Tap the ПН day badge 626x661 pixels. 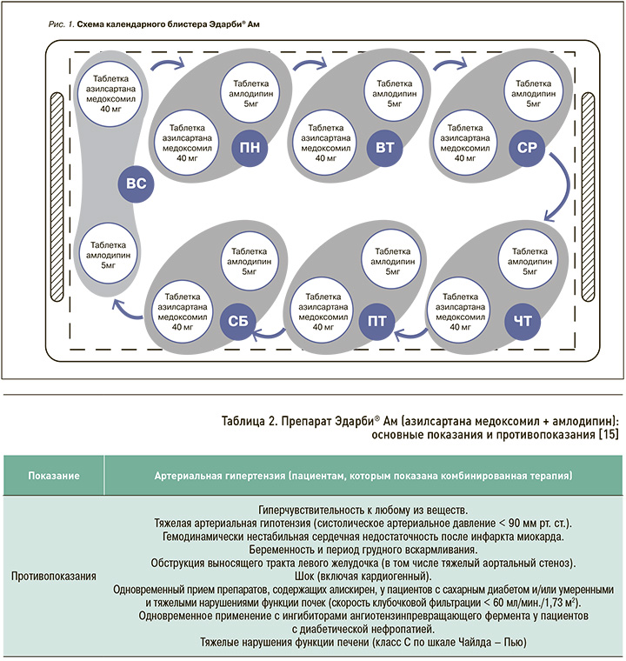pos(250,147)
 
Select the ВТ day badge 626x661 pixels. pos(383,147)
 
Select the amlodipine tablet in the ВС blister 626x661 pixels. pos(109,252)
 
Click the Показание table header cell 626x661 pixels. pos(54,476)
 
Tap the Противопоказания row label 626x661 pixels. pos(54,576)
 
